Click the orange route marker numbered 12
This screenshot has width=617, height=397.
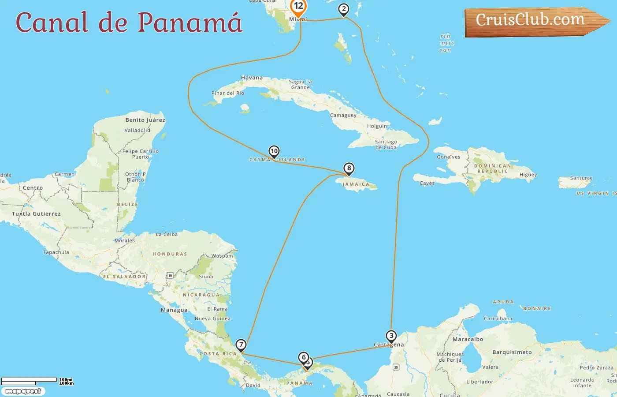[x=298, y=7]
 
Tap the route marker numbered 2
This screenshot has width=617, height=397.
[x=344, y=9]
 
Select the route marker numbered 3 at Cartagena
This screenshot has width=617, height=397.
[x=391, y=336]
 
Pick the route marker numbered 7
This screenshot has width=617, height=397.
[x=241, y=345]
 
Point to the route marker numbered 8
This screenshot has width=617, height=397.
[x=349, y=169]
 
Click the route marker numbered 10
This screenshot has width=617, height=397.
[x=274, y=151]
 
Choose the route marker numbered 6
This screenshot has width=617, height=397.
[x=303, y=357]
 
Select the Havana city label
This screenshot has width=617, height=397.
[x=252, y=78]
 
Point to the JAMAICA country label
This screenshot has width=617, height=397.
[x=356, y=184]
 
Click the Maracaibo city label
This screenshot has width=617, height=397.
[x=468, y=339]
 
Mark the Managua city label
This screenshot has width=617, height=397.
[x=174, y=310]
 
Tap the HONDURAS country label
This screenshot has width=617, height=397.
[x=170, y=254]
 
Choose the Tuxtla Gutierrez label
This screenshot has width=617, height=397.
[x=36, y=214]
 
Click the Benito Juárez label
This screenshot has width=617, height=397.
[x=145, y=120]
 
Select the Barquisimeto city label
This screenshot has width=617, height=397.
[x=512, y=352]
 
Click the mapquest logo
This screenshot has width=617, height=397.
[x=23, y=391]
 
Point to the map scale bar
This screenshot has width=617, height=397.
[x=29, y=380]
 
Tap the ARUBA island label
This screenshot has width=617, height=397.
[x=503, y=302]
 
